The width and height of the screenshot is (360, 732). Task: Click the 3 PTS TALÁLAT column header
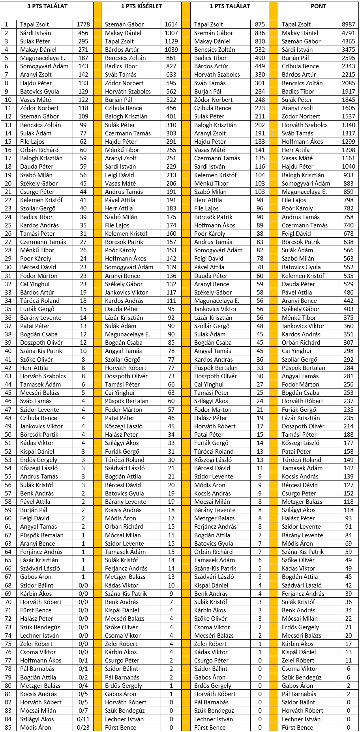click(47, 6)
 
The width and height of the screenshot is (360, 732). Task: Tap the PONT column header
click(318, 6)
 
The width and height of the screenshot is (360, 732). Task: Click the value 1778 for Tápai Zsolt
click(83, 24)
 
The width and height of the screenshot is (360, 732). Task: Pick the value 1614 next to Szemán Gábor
click(171, 24)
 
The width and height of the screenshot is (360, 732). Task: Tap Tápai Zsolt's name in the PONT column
click(296, 24)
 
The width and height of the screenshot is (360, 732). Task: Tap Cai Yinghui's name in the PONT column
click(296, 351)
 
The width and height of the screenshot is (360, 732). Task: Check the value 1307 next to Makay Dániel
click(171, 33)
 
